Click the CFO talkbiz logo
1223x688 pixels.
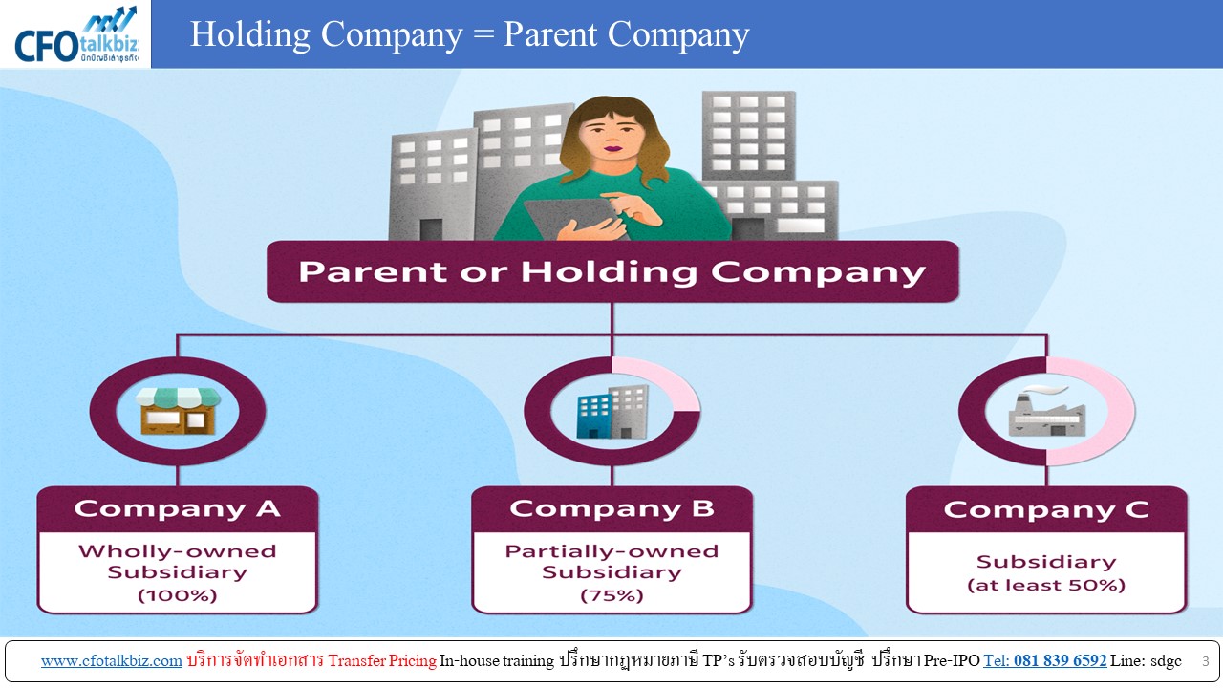tap(75, 35)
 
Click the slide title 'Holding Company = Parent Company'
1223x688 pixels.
tap(469, 34)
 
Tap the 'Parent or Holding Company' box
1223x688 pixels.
tap(612, 271)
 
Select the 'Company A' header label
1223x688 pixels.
tap(178, 509)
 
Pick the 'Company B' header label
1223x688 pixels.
tap(612, 509)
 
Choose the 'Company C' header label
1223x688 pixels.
tap(1046, 509)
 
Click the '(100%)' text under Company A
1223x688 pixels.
tap(178, 594)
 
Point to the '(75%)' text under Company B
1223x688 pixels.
tap(612, 594)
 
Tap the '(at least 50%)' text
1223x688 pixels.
tap(1046, 585)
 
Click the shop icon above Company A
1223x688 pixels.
tap(178, 411)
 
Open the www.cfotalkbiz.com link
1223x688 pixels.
tap(112, 660)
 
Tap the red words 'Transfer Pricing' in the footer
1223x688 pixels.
tap(382, 660)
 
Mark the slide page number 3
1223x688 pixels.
tap(1205, 661)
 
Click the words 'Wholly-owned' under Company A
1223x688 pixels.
tap(178, 551)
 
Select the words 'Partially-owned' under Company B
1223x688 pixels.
tap(612, 551)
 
